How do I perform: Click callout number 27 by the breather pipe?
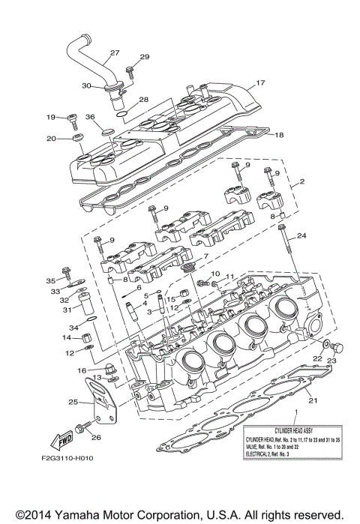pos(114,52)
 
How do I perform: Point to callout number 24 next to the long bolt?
pos(301,235)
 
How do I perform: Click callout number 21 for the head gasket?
pos(313,400)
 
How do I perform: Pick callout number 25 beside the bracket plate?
pos(73,403)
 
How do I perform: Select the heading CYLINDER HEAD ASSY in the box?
pos(300,424)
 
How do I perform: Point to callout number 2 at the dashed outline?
pos(302,181)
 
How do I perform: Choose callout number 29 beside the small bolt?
pos(145,57)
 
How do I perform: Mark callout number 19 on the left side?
pos(51,117)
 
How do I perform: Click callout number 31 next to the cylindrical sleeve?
pos(66,310)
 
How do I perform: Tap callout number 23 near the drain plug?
pos(332,360)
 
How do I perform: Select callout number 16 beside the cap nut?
pos(80,370)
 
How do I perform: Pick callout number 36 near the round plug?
pos(90,117)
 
